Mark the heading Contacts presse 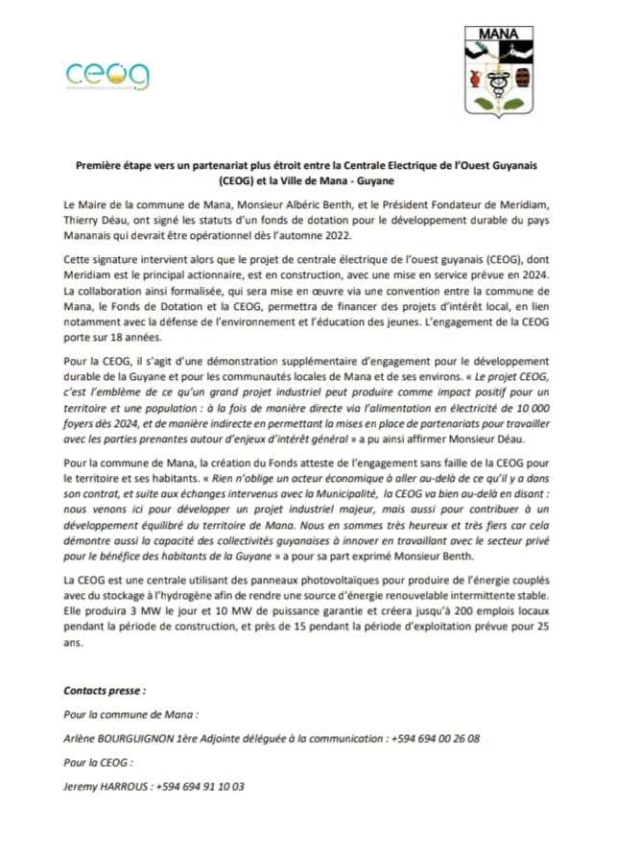coord(105,690)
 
